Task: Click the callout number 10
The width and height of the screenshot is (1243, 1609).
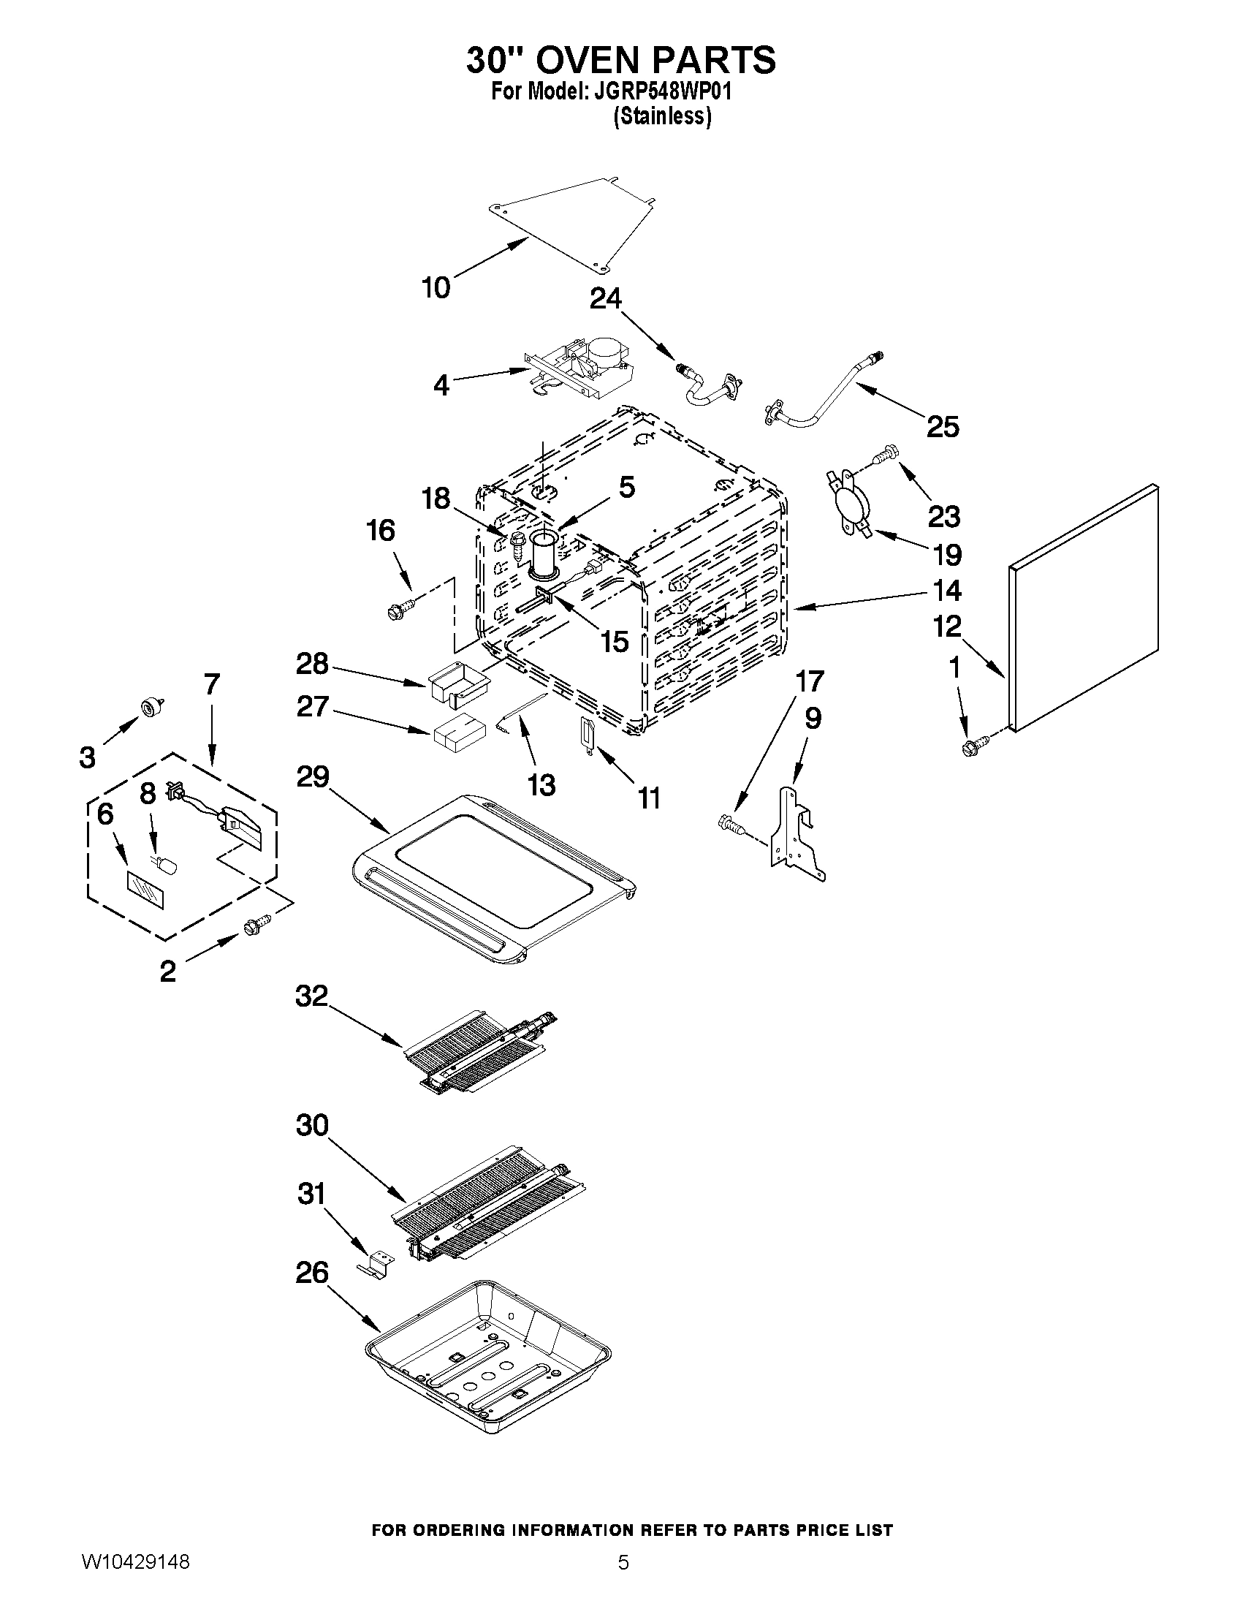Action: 436,287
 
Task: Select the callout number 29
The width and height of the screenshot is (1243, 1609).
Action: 312,777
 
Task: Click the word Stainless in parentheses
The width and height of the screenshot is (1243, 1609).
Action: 662,116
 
